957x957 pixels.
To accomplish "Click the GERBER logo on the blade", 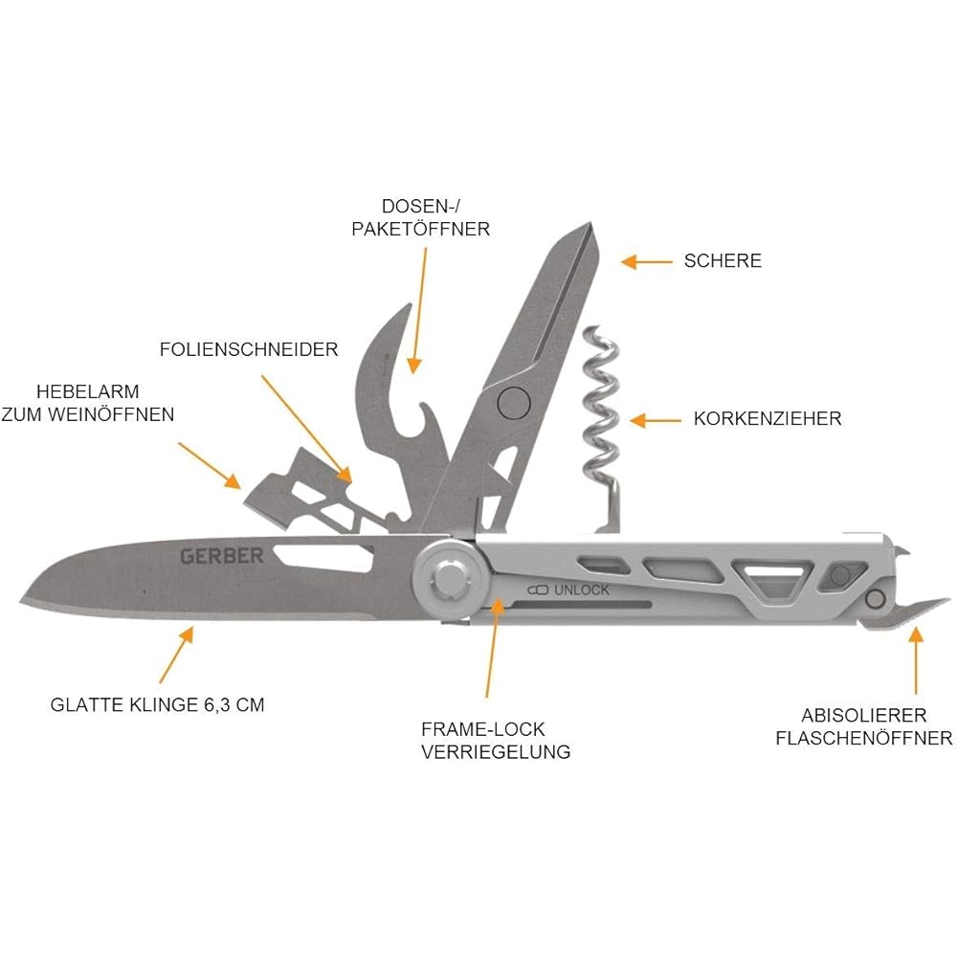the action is [x=222, y=556].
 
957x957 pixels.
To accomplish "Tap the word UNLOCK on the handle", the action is [x=581, y=590].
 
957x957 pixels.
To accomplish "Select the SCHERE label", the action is [x=723, y=260].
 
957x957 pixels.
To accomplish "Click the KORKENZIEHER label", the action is [x=768, y=418].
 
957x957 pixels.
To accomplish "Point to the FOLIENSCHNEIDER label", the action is [x=249, y=349].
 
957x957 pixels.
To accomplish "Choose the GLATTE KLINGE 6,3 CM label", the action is [x=158, y=704].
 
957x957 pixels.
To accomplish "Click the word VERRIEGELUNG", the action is [x=496, y=751].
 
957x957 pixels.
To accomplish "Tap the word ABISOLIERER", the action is [x=863, y=715].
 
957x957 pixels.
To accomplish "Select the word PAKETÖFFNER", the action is [x=420, y=229].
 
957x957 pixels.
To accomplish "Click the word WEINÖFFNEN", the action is [x=111, y=414].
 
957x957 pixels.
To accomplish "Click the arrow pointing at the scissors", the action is [x=647, y=262].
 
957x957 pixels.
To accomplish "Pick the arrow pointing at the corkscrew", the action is [x=656, y=420].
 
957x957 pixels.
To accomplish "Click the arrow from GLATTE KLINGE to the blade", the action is [x=177, y=655].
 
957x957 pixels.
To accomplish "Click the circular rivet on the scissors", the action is [x=514, y=403].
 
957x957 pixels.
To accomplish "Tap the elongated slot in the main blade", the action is [x=324, y=556].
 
